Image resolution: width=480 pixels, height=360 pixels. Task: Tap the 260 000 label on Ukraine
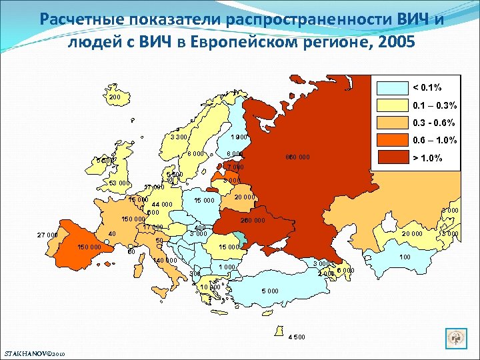pos(253,221)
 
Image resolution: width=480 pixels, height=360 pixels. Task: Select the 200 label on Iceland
pos(115,97)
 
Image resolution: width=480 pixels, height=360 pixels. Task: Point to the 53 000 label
pos(120,183)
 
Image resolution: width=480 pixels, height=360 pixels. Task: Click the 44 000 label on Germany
pos(162,205)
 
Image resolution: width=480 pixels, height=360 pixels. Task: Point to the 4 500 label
pos(297,336)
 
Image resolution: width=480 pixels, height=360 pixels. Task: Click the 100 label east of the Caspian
pos(405,257)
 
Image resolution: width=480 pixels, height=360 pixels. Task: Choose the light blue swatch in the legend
pos(392,88)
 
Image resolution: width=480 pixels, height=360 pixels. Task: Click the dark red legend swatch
pos(392,158)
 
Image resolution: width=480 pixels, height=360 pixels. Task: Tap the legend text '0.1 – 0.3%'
pos(435,105)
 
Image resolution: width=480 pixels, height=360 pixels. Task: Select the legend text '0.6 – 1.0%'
pos(435,140)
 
